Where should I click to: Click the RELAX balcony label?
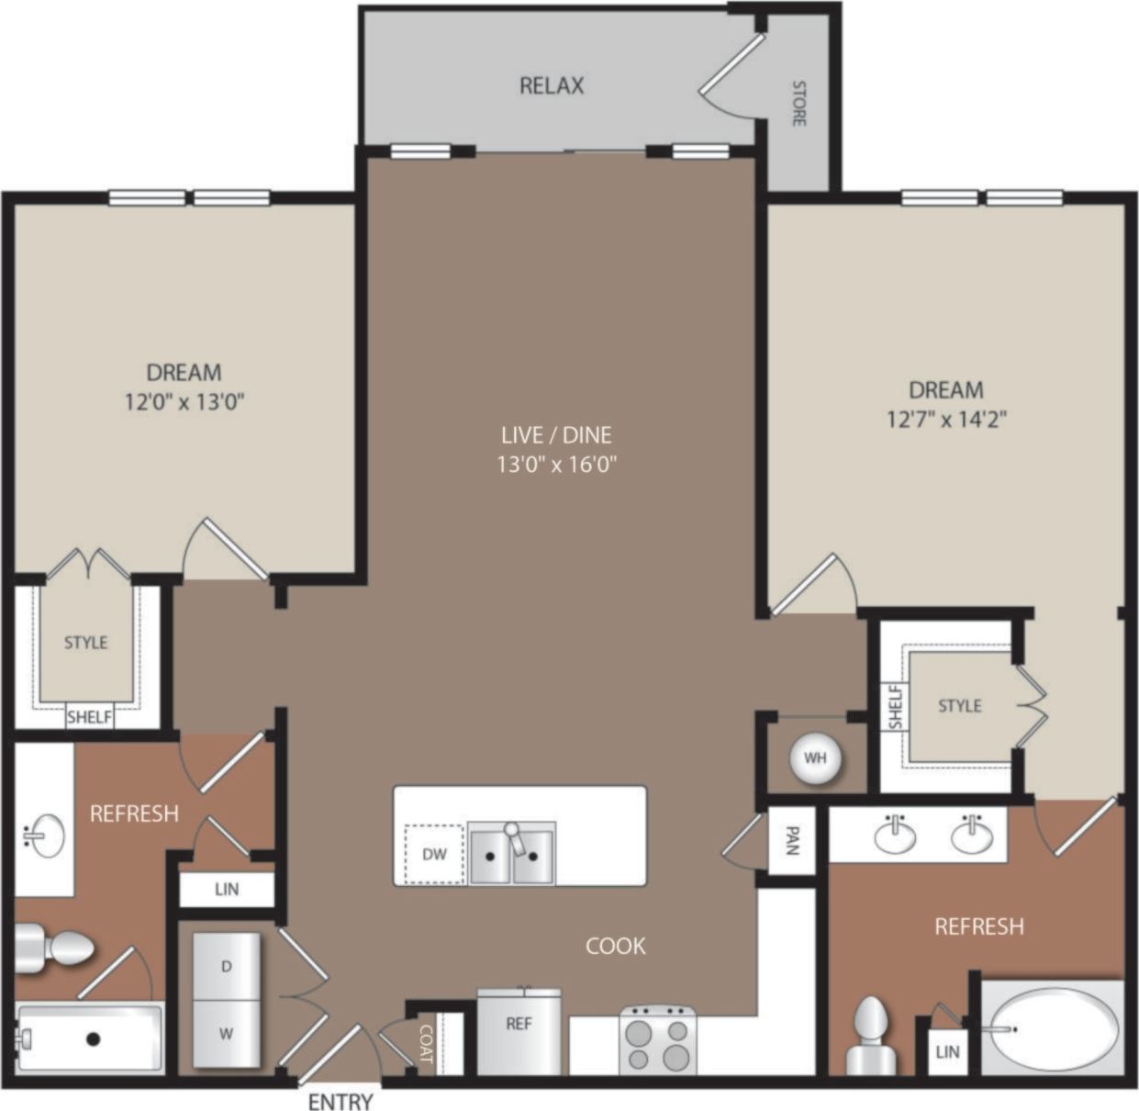pos(552,85)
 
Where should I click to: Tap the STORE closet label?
pos(798,103)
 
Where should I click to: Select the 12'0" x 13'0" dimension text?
pos(184,402)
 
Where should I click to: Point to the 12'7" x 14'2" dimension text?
pos(946,420)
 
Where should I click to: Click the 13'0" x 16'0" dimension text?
pos(556,465)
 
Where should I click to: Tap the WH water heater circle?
pos(815,757)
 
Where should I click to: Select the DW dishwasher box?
pos(434,854)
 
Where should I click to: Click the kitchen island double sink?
pos(511,853)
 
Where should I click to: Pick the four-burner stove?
pos(657,1041)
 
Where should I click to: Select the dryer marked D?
pos(226,965)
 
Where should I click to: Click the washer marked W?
pos(226,1033)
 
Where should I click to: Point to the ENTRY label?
pos(341,1101)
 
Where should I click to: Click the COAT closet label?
pos(425,1043)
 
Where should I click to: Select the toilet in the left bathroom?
pos(57,946)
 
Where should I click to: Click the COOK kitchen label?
pos(616,946)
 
